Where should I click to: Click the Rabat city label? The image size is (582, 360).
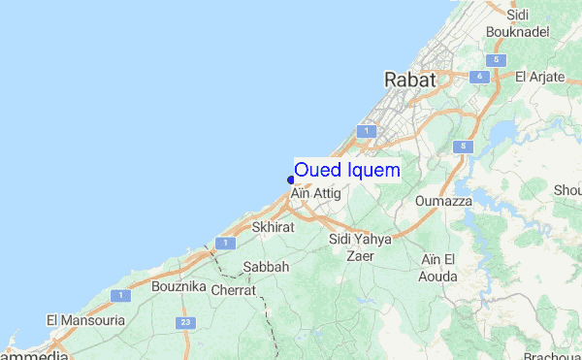click(410, 80)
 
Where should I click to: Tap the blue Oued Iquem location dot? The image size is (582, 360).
click(291, 179)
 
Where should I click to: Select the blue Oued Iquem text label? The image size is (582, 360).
click(346, 170)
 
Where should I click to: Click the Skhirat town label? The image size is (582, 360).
click(273, 227)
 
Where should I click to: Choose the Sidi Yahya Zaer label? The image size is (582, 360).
click(360, 247)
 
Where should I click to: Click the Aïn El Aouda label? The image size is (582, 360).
click(438, 267)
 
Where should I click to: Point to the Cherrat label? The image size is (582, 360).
click(233, 289)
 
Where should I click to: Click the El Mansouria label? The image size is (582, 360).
click(86, 319)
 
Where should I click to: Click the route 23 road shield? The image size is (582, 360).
click(184, 322)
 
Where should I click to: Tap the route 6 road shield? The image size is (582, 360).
click(478, 76)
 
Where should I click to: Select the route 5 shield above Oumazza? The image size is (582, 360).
click(464, 147)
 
